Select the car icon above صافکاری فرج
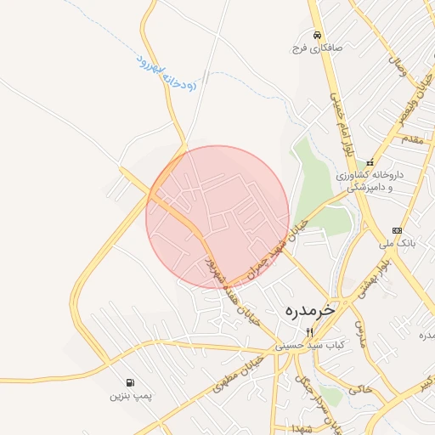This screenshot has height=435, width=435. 317,36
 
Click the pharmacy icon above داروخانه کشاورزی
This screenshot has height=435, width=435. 370,162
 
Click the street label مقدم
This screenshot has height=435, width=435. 411,138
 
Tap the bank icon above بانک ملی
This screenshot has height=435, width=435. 397,230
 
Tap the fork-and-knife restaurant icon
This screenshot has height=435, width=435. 309,332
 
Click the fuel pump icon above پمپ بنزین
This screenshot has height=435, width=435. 129,383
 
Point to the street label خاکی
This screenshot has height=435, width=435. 361,389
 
